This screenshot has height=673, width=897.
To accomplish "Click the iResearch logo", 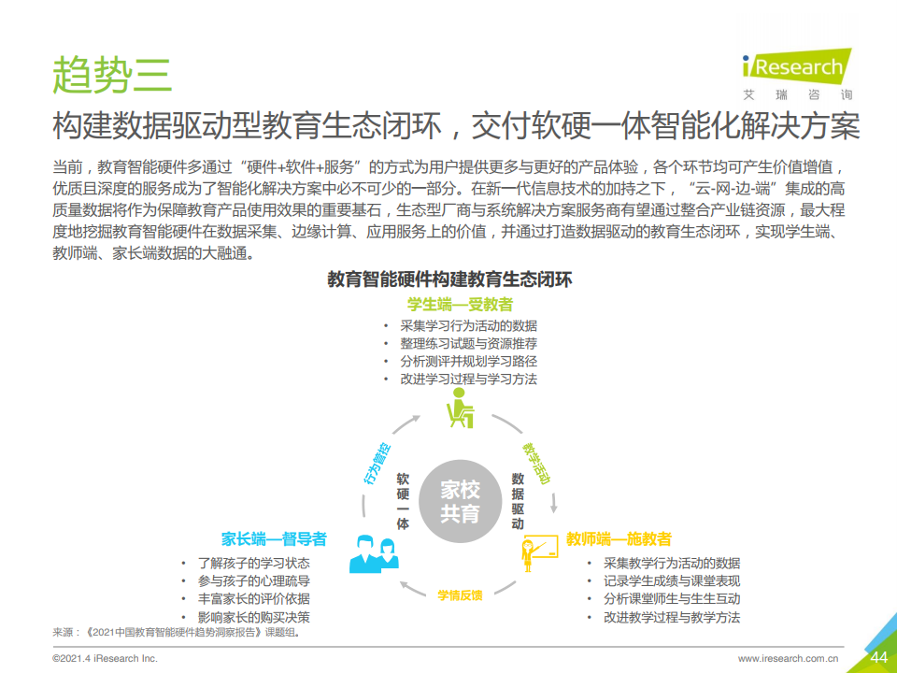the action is [797, 74].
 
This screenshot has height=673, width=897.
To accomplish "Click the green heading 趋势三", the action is [112, 75].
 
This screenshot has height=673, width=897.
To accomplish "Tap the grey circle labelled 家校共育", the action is [460, 501].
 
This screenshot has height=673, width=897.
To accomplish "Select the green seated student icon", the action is [460, 408].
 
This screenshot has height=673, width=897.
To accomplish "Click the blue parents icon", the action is [374, 553].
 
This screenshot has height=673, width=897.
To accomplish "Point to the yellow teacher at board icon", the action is [539, 552].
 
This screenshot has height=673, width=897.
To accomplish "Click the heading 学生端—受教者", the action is [460, 305].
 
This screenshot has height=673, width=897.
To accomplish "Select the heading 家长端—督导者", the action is [274, 538].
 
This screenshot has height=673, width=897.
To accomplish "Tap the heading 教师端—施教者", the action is [619, 538].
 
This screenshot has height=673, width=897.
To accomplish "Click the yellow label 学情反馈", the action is [460, 595].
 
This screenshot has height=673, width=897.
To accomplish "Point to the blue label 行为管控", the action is [377, 464].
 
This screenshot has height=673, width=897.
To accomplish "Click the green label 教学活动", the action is [536, 463].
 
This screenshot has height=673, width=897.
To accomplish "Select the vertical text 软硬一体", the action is [403, 501].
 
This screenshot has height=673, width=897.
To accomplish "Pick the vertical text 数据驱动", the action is [517, 501].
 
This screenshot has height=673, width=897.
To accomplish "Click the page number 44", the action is [878, 657].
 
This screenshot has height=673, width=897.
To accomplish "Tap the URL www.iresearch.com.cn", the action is [788, 659].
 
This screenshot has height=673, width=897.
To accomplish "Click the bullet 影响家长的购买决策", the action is [254, 617].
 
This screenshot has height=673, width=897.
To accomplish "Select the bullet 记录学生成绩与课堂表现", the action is [672, 580].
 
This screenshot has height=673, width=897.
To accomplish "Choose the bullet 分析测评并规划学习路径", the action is [468, 361].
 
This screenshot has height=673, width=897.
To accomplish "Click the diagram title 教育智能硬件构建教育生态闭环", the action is [449, 279].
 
